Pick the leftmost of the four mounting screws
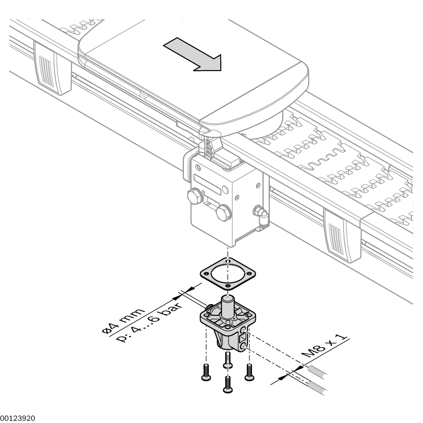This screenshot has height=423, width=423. [205, 372]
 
